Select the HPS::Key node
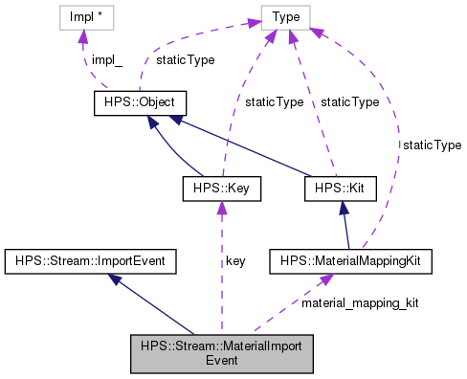[221, 189]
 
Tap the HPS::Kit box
[340, 189]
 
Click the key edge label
[236, 259]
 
